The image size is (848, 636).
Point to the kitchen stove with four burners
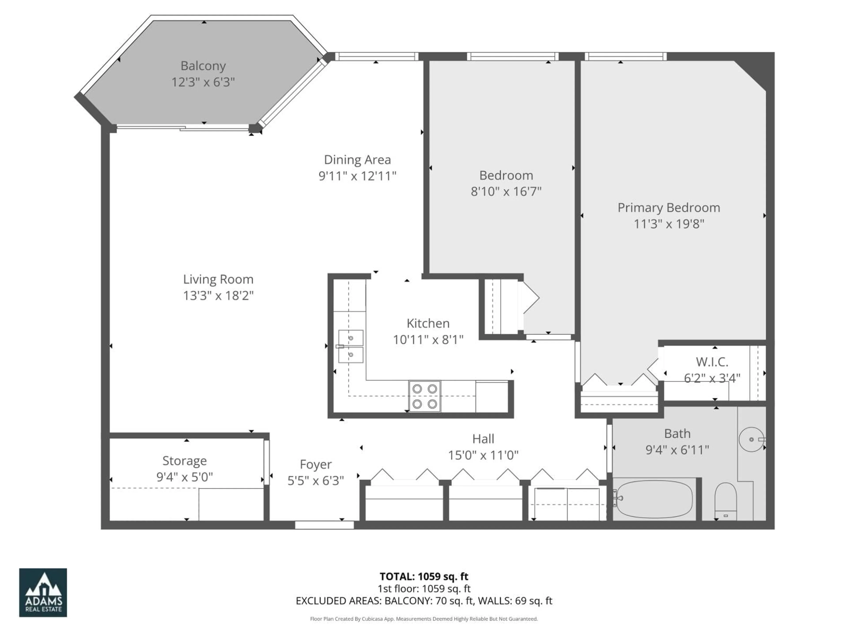424,396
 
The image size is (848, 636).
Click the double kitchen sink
350,346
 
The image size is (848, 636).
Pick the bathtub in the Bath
654,499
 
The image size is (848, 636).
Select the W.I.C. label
712,362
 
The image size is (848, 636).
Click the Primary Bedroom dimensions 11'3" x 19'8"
669,224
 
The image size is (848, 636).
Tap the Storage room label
184,460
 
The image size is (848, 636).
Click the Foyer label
316,464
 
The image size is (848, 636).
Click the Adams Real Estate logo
43,592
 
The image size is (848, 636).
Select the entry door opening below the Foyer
324,525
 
